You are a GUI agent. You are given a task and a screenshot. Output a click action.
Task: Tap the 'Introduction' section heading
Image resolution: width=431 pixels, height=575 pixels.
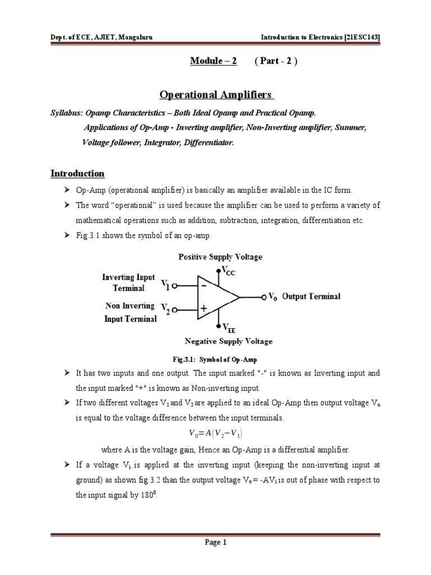(x=77, y=174)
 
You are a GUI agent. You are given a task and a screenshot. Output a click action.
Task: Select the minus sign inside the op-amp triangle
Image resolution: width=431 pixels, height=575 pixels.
(x=204, y=286)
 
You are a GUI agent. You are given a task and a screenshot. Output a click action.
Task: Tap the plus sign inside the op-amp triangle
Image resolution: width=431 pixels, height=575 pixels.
(x=204, y=309)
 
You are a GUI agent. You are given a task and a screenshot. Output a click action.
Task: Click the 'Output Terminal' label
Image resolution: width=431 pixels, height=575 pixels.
(x=311, y=296)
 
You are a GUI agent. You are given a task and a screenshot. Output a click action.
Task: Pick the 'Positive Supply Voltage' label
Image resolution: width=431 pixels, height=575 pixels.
(x=220, y=257)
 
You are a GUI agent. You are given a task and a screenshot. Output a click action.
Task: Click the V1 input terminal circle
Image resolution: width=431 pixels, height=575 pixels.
(x=176, y=285)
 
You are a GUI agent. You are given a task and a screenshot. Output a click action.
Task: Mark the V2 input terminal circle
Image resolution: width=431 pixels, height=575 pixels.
(x=176, y=309)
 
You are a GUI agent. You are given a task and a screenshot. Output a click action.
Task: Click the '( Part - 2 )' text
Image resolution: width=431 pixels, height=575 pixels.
(x=276, y=61)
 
